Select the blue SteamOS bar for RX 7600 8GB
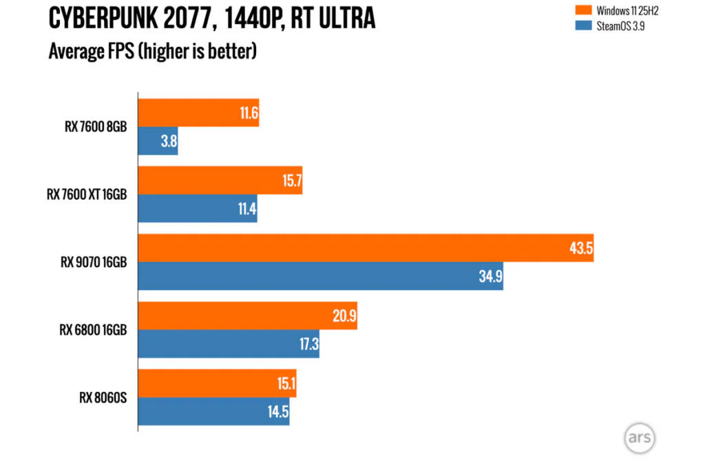point(158,141)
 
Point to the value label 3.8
point(168,141)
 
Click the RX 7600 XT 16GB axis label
point(87,194)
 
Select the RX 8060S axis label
point(103,398)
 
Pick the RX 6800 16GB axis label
point(93,330)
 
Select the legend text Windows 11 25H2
point(627,10)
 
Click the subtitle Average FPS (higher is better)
point(152,51)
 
